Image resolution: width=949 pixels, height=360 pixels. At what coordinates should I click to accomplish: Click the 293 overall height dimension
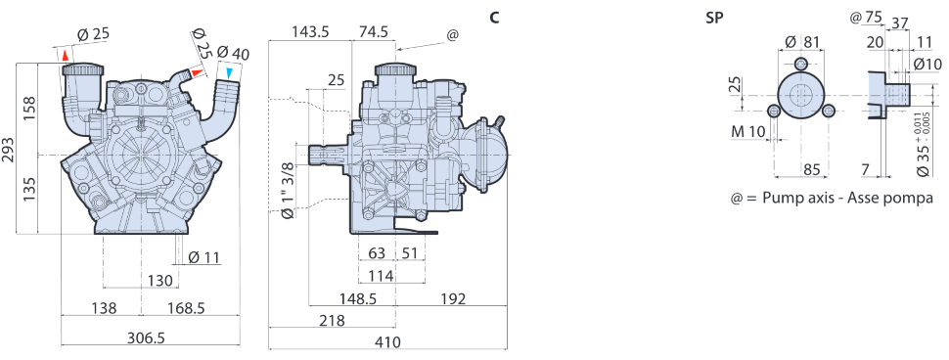tap(9, 149)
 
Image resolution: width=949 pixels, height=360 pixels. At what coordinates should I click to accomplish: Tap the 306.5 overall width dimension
tap(146, 337)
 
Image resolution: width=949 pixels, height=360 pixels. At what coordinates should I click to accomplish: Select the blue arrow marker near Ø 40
tap(229, 73)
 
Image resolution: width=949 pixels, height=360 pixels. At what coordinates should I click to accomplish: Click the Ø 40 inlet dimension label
tap(233, 53)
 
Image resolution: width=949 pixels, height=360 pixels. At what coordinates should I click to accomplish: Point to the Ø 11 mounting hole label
tap(203, 257)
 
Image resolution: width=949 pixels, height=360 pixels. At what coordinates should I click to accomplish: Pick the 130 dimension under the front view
tap(160, 281)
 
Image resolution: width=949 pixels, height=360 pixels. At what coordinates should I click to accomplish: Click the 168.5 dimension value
tap(186, 308)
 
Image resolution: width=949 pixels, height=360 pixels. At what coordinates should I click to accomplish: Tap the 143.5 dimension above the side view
tap(309, 32)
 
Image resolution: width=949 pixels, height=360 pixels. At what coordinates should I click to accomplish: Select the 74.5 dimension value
tap(374, 32)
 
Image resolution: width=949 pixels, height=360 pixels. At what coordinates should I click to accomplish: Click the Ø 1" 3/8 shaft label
tap(289, 190)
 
